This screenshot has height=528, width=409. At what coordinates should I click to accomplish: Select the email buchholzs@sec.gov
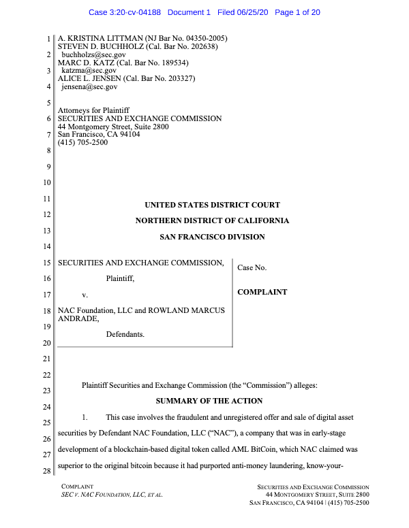94,54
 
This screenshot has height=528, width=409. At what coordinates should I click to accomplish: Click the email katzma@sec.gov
89,70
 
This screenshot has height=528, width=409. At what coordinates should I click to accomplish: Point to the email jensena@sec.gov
89,87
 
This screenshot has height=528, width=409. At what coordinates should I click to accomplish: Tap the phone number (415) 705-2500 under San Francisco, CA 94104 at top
83,142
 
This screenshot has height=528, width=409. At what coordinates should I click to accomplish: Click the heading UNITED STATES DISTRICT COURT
212,205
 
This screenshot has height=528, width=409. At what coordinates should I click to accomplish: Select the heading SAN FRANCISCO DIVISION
212,237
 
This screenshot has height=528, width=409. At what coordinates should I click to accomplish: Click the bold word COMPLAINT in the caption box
262,293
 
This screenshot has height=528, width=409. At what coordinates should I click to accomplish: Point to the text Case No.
252,268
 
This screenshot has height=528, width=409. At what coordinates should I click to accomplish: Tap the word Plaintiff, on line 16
120,278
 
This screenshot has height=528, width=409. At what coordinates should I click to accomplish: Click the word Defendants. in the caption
125,335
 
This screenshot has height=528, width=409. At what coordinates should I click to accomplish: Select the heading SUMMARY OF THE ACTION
209,401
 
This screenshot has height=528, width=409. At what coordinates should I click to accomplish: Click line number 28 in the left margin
47,472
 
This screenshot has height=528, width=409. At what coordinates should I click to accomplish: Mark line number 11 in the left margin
47,199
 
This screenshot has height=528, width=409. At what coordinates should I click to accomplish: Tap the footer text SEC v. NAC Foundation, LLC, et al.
112,495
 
